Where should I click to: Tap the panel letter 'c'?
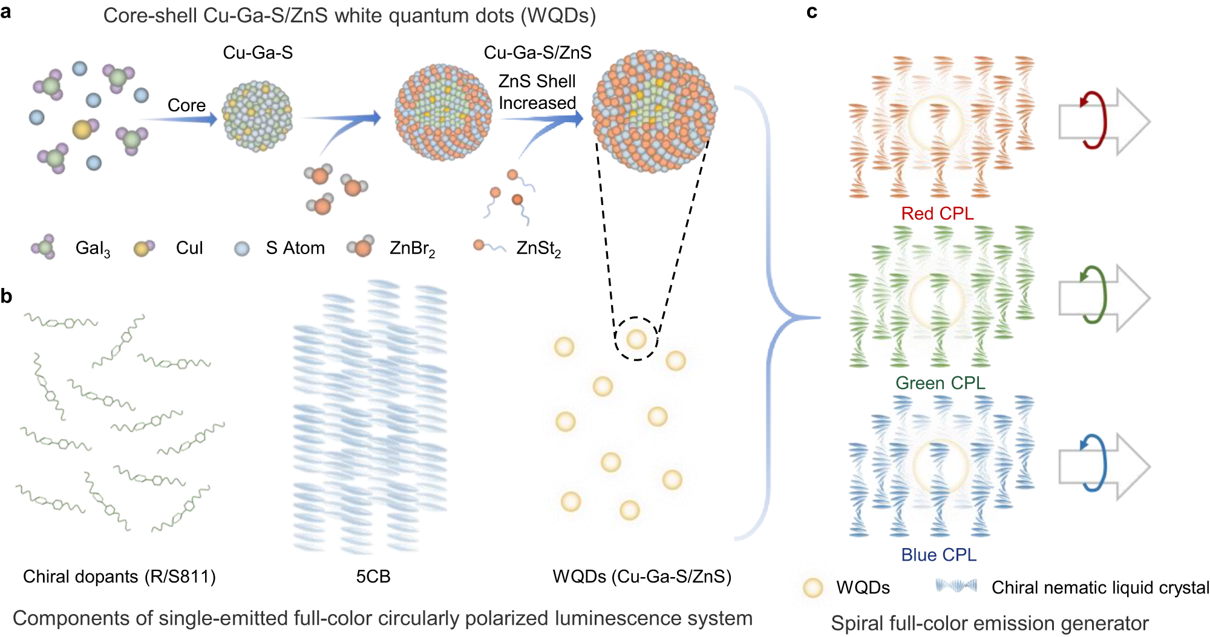(812, 12)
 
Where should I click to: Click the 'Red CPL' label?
(937, 214)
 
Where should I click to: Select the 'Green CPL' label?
(940, 383)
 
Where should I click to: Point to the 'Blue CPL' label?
(938, 555)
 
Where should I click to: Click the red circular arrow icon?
(1094, 120)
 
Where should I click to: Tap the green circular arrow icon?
(1094, 295)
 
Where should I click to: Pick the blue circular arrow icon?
(1094, 464)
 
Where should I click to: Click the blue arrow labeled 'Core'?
(181, 119)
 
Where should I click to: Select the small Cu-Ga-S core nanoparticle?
(258, 116)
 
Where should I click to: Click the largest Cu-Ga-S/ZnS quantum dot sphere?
(654, 111)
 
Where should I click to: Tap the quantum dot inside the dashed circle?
(636, 339)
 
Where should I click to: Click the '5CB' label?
(373, 577)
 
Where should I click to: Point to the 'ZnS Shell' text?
(537, 81)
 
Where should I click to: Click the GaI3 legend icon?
(44, 247)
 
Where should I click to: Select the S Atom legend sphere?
(242, 249)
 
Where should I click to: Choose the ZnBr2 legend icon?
(362, 247)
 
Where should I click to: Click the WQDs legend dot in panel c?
(813, 587)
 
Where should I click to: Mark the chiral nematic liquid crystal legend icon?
(956, 586)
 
